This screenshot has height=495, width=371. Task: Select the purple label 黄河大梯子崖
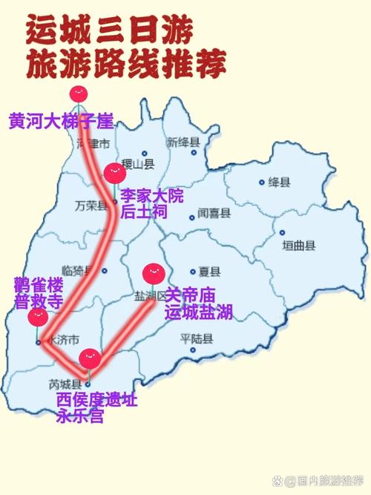(x=61, y=122)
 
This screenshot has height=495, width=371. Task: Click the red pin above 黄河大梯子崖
(x=78, y=94)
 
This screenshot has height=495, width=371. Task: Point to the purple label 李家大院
(x=151, y=196)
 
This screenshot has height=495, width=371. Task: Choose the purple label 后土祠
(x=143, y=212)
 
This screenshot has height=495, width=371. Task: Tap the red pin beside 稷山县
(x=113, y=174)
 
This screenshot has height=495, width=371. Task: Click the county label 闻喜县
(x=214, y=213)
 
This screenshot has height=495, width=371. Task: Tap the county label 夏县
(x=211, y=272)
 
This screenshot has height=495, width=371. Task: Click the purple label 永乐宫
(x=79, y=416)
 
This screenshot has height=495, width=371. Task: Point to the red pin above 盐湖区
(x=152, y=272)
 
